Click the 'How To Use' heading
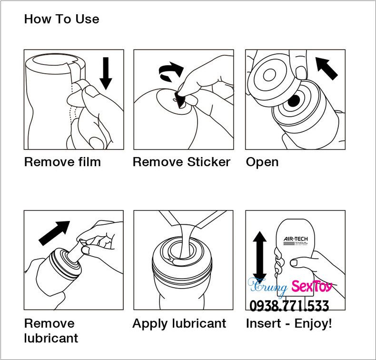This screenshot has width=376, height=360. (61, 19)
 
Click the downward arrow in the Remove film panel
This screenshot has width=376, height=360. (106, 73)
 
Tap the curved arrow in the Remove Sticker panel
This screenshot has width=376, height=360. (171, 71)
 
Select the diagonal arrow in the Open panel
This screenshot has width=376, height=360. (327, 68)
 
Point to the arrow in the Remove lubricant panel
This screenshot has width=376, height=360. (54, 233)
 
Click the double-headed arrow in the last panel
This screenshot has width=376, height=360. (260, 257)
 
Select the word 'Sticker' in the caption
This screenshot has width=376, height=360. (208, 161)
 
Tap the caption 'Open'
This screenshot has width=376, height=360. (262, 162)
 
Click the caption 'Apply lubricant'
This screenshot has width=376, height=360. (179, 323)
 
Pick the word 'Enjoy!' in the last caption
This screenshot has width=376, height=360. (313, 323)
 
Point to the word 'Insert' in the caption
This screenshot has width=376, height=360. (263, 323)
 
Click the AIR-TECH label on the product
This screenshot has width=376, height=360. (296, 239)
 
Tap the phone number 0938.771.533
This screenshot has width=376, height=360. (289, 306)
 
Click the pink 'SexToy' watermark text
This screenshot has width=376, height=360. (312, 286)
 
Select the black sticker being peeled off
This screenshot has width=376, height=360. (180, 100)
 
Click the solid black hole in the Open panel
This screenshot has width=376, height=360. (294, 100)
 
